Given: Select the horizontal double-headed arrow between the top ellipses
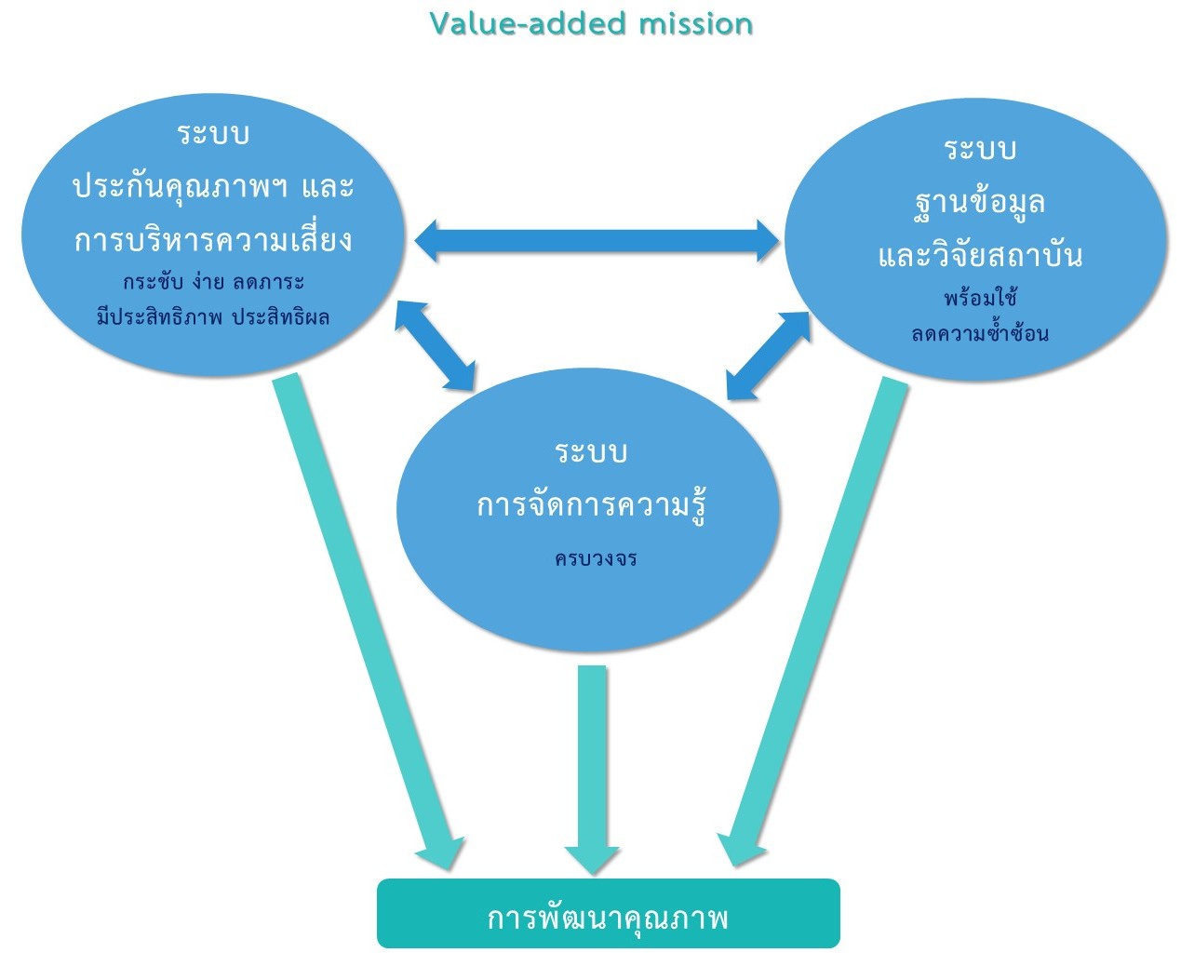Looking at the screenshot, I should [x=596, y=241].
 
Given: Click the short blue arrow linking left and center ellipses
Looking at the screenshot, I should [x=435, y=343].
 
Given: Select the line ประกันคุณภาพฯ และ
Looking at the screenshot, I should [x=213, y=187].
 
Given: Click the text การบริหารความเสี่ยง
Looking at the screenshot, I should [x=213, y=240].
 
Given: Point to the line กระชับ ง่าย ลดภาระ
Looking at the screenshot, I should [x=213, y=282].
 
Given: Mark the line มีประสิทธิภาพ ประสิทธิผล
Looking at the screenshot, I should [x=213, y=316].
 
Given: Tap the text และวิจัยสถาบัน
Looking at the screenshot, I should [x=979, y=255].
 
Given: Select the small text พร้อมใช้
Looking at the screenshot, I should [x=979, y=299].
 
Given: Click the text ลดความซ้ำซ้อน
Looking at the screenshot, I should [x=979, y=333].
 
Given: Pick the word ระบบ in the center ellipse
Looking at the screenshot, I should [x=591, y=453].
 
